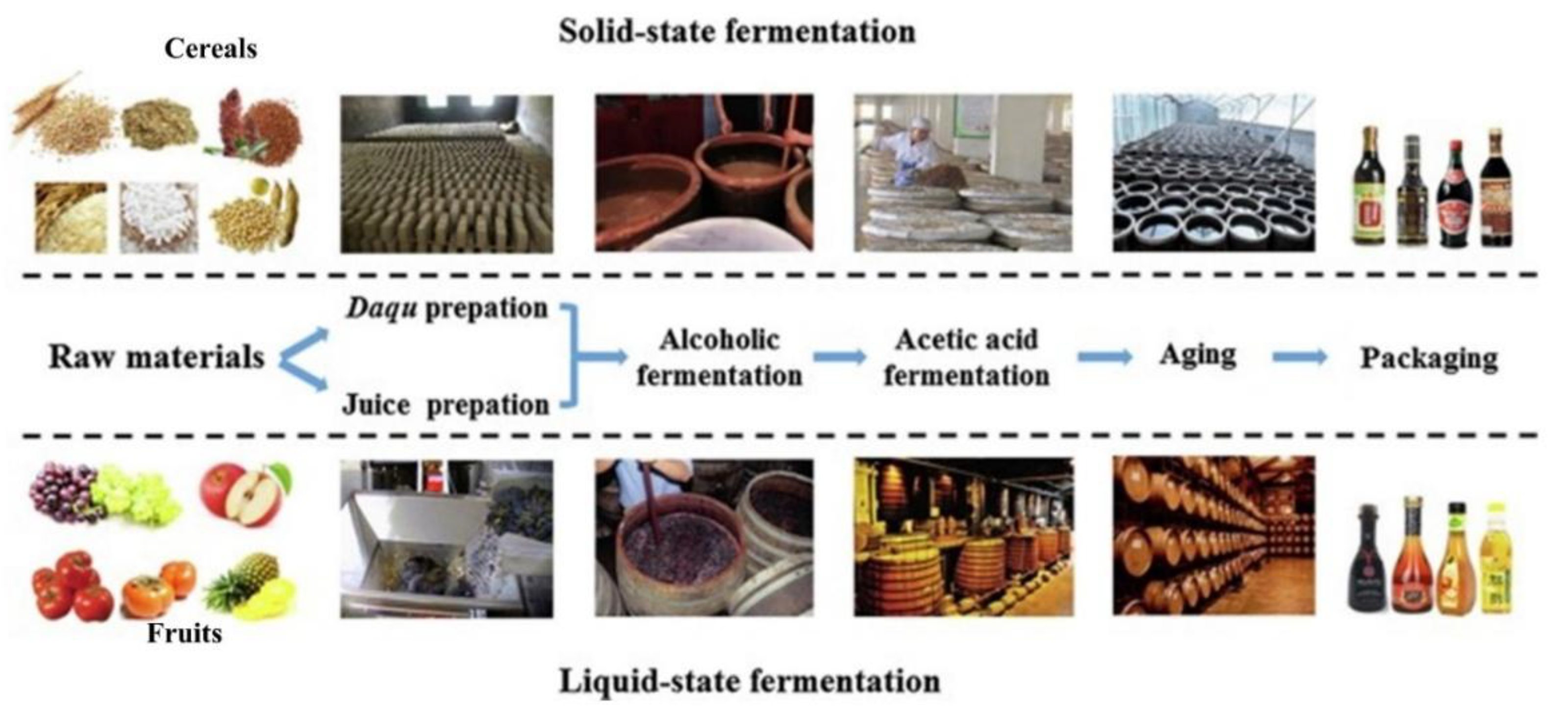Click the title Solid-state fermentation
[737, 31]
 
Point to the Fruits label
[185, 634]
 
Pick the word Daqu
[382, 309]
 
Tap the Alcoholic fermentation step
[720, 358]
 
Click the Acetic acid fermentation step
[966, 358]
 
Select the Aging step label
[1198, 355]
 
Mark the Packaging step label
[1429, 358]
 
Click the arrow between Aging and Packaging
[1300, 357]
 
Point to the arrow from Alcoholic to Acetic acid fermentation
[839, 357]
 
